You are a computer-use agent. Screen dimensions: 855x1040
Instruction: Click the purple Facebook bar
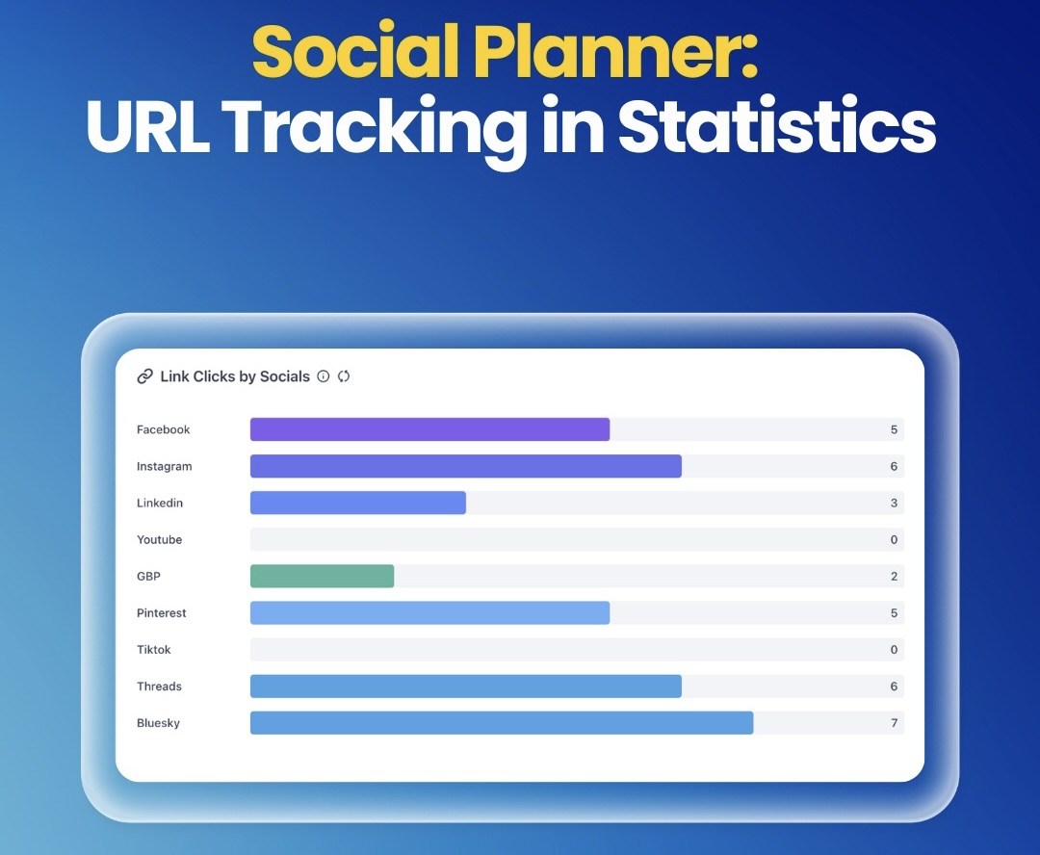click(429, 429)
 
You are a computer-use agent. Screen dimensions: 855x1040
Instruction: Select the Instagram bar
click(465, 466)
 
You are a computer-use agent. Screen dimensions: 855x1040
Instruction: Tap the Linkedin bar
click(357, 503)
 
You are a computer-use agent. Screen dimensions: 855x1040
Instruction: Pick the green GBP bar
click(322, 576)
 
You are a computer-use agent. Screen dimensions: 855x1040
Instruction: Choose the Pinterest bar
click(429, 612)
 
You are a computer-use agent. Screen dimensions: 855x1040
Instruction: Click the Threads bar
click(465, 686)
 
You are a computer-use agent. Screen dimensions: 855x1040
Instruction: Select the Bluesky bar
click(501, 722)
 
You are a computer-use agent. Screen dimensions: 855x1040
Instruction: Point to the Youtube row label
click(159, 540)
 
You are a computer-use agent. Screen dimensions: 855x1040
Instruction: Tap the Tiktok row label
click(153, 650)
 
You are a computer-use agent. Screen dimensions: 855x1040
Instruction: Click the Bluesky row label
click(158, 723)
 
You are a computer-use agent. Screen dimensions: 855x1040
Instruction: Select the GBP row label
click(149, 577)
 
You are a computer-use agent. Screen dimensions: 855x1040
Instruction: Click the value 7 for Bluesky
click(894, 723)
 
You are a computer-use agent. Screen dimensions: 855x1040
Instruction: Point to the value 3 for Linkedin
click(894, 504)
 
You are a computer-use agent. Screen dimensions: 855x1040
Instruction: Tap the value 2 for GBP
click(894, 577)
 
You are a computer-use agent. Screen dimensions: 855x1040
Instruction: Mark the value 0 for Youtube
click(894, 540)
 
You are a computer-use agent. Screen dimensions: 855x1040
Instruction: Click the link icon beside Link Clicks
click(145, 376)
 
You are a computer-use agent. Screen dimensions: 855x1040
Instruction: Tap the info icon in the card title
click(324, 376)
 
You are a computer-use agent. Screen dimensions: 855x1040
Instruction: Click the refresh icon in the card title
click(344, 376)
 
